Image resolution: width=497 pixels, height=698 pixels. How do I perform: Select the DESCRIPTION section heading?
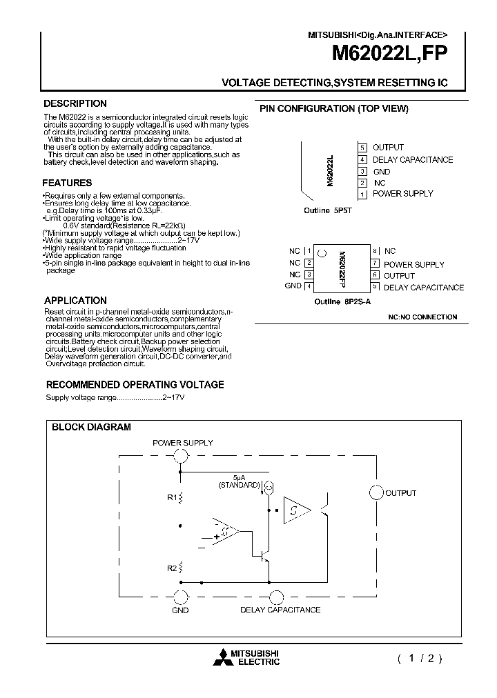(75, 103)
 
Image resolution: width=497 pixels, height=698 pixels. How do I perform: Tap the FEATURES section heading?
(67, 183)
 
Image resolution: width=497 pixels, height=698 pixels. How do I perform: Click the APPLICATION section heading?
(75, 301)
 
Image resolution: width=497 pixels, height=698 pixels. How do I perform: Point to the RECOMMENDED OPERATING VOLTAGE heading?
(135, 384)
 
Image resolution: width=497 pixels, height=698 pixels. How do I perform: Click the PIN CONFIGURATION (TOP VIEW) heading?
(333, 109)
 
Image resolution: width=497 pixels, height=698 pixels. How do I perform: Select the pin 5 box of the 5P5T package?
(362, 148)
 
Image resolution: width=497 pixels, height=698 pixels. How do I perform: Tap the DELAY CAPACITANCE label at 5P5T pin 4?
(413, 160)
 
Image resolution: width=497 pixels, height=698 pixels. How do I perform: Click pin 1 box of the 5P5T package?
(362, 195)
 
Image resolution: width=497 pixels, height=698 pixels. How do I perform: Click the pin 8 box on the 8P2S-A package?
(375, 252)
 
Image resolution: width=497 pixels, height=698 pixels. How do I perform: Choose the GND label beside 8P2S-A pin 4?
(293, 286)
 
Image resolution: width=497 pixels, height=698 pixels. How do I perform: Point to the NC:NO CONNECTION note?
(422, 317)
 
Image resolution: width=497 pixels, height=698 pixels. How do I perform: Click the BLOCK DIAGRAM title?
(91, 427)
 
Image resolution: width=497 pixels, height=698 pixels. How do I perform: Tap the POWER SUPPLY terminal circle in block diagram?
(181, 455)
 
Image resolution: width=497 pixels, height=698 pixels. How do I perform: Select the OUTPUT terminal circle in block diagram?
(376, 492)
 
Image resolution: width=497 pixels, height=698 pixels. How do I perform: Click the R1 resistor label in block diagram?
(170, 496)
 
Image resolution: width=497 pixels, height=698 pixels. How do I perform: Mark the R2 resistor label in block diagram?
(170, 568)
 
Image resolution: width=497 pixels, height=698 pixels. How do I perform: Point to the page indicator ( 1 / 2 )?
(419, 658)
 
